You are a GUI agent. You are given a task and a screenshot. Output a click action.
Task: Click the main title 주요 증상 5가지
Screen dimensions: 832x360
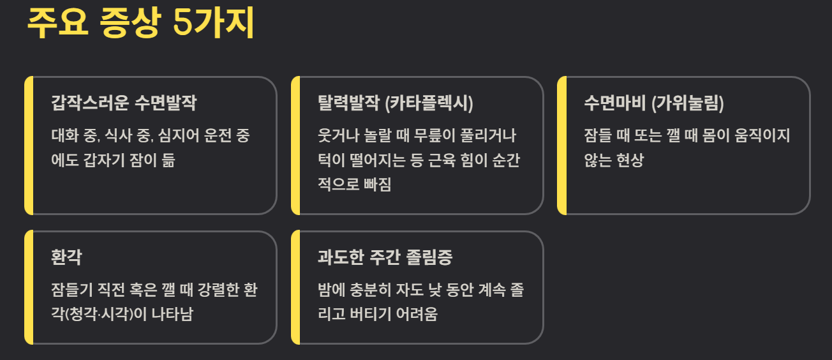pyautogui.click(x=140, y=24)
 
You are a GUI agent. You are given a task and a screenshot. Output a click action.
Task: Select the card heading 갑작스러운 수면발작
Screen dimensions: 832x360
pyautogui.click(x=124, y=103)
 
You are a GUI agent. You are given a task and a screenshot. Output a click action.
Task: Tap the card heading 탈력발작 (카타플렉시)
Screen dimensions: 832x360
pyautogui.click(x=395, y=103)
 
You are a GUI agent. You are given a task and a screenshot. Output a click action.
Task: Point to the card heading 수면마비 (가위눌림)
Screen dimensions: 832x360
pyautogui.click(x=653, y=103)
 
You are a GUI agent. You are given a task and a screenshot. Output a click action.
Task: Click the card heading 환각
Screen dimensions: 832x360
pyautogui.click(x=66, y=257)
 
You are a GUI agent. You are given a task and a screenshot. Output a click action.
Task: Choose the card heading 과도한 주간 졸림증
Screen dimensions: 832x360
pyautogui.click(x=385, y=257)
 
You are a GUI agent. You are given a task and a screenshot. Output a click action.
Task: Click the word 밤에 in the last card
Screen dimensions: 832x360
pyautogui.click(x=331, y=290)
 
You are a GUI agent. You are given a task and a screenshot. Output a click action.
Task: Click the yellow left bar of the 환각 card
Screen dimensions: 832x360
pyautogui.click(x=28, y=287)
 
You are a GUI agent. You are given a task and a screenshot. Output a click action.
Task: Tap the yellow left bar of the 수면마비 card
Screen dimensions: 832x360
pyautogui.click(x=561, y=146)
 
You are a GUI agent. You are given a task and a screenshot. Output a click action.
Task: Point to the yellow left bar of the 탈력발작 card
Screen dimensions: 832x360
pyautogui.click(x=295, y=146)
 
